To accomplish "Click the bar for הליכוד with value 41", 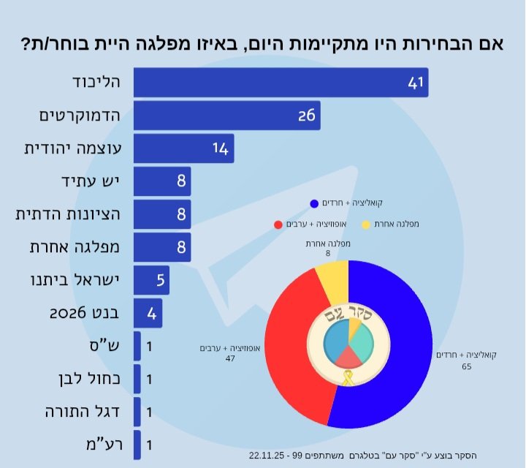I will [281, 82].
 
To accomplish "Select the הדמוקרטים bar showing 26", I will [226, 115].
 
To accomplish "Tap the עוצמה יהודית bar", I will [183, 148].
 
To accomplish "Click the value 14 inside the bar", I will [221, 148].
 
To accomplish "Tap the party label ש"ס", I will [107, 346].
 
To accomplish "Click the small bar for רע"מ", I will [137, 445].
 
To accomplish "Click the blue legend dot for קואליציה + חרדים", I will [314, 203].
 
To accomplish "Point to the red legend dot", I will [278, 224].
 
